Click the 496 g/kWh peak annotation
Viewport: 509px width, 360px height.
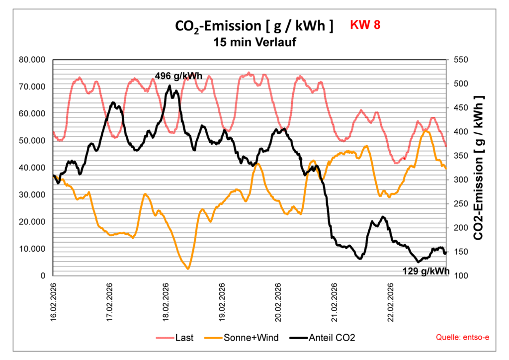pyautogui.click(x=178, y=76)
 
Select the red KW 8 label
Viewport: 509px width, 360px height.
pyautogui.click(x=365, y=25)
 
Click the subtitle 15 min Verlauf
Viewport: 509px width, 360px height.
pyautogui.click(x=254, y=42)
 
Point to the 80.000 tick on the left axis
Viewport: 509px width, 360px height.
pyautogui.click(x=32, y=60)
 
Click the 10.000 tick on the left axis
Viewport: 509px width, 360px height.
pyautogui.click(x=32, y=249)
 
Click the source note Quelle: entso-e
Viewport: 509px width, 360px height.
pyautogui.click(x=462, y=338)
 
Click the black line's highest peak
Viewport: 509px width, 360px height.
pyautogui.click(x=170, y=86)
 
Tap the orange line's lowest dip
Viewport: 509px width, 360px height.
pyautogui.click(x=188, y=269)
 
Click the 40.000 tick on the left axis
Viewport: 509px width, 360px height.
pyautogui.click(x=32, y=168)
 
